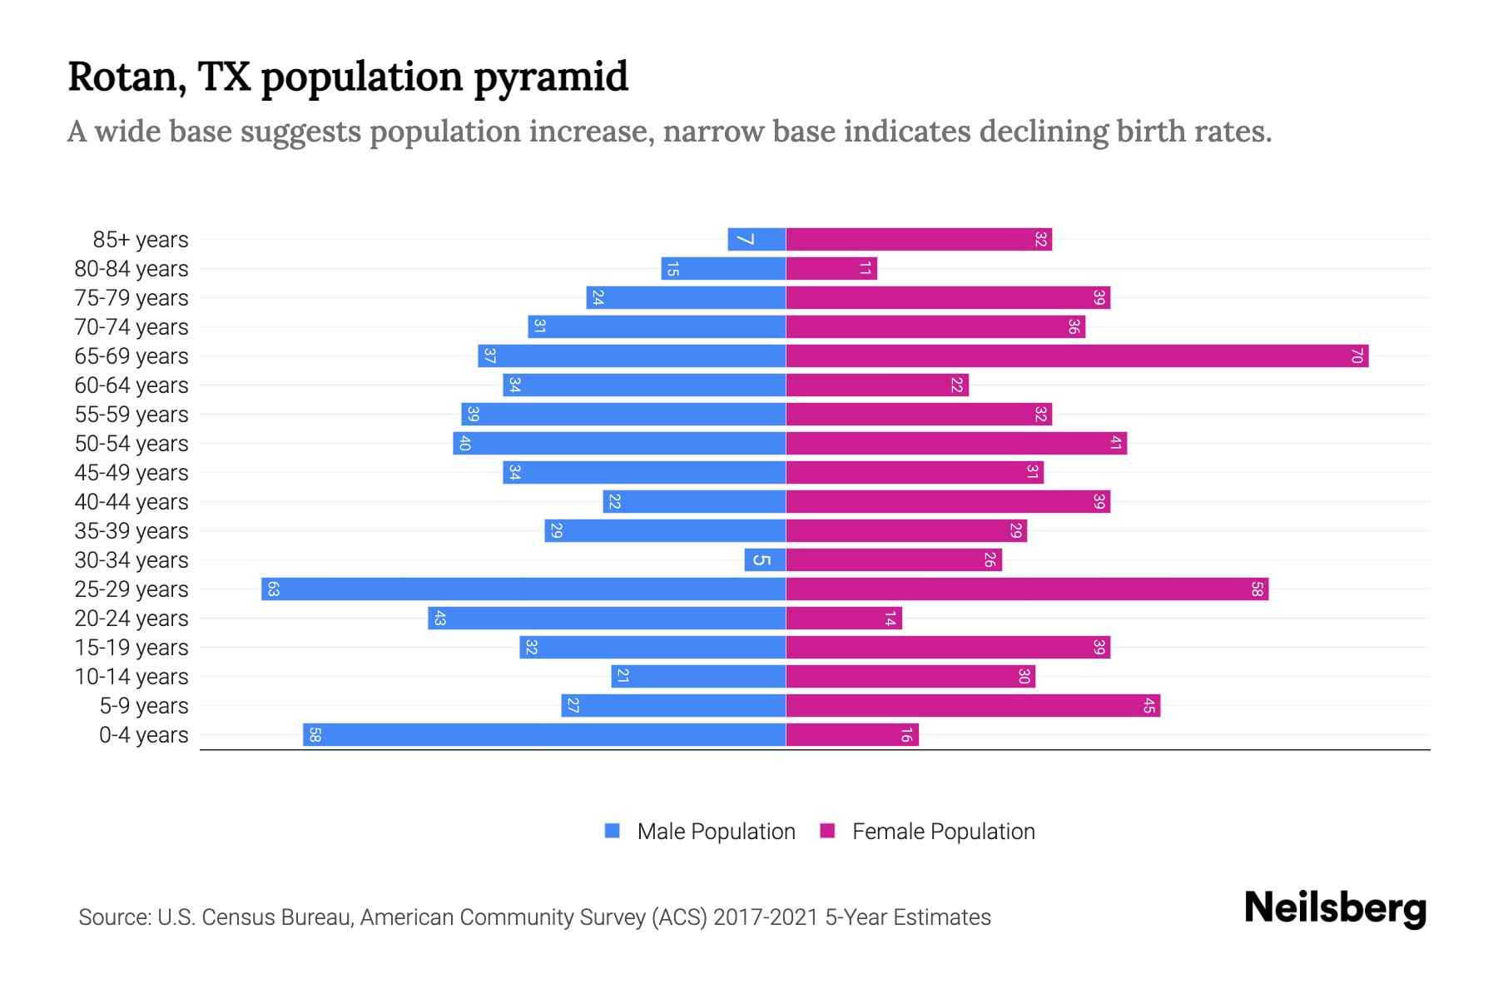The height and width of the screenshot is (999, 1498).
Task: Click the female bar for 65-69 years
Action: [1077, 356]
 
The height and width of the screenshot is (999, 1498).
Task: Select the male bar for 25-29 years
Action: [523, 589]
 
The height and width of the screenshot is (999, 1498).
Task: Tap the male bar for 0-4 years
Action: [544, 735]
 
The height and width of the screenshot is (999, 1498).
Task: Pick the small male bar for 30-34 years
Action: [765, 560]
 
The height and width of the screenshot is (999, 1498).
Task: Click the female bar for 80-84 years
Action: [831, 269]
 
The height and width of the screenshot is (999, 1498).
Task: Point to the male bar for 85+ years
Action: [756, 240]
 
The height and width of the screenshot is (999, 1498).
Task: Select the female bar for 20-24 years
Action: [844, 619]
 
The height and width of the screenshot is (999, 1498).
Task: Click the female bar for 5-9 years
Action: [973, 706]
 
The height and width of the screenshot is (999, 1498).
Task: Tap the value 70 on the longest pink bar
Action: [1357, 356]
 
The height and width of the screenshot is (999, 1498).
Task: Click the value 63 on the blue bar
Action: [273, 589]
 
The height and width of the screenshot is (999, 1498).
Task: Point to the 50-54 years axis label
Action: [131, 444]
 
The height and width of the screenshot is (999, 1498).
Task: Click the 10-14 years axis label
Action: [131, 677]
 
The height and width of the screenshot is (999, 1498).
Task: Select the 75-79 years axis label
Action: [131, 298]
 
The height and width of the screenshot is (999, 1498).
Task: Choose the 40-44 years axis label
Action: [131, 502]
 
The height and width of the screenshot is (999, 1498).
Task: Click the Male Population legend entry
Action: [716, 832]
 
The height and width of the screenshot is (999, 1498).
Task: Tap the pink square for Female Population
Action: [827, 831]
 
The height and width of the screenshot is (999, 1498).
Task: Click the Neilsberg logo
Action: [1335, 908]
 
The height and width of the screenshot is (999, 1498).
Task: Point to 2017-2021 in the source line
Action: [766, 917]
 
